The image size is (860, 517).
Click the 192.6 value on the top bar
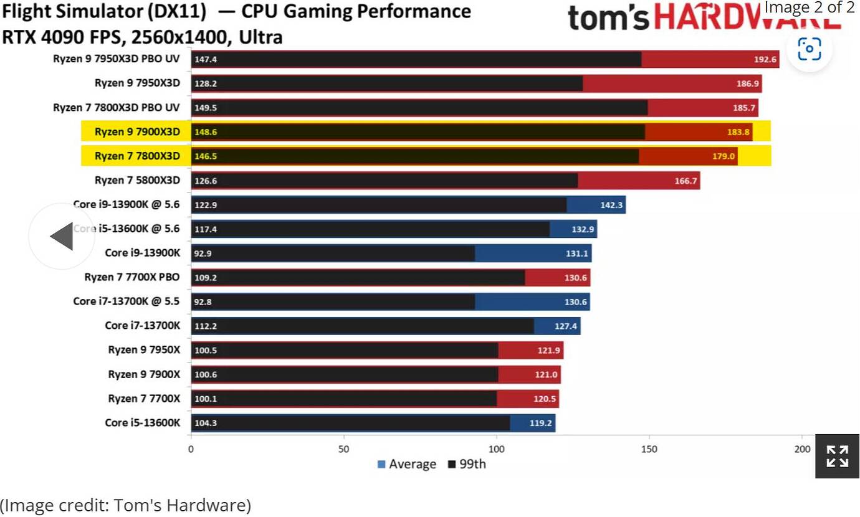tap(766, 60)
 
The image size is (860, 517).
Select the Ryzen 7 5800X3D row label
tap(137, 180)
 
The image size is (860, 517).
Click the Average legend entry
tap(406, 464)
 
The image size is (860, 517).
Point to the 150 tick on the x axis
tap(649, 449)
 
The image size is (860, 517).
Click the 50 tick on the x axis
tap(343, 449)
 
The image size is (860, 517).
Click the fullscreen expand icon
tap(837, 456)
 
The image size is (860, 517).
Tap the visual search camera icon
tap(809, 49)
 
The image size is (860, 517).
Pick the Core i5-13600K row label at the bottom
tap(142, 423)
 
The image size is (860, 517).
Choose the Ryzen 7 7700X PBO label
tap(132, 277)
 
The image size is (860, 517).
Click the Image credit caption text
tap(125, 505)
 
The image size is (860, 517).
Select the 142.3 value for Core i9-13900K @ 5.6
tap(611, 205)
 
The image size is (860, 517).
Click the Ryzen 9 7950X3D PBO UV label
tap(116, 59)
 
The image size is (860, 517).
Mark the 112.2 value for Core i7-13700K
tap(205, 326)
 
